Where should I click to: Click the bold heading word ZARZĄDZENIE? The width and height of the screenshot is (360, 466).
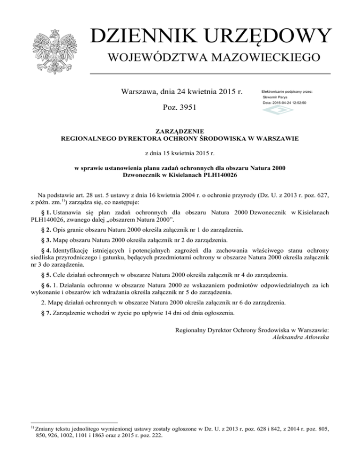tap(180, 132)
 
